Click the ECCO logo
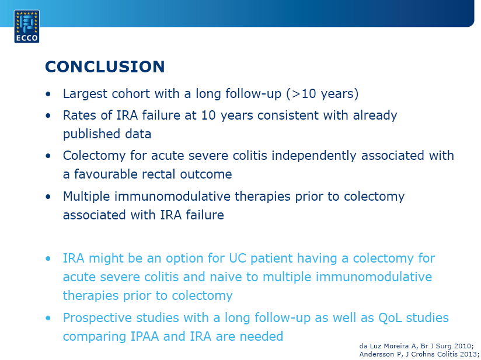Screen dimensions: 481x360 (27, 26)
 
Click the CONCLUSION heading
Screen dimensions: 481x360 (105, 67)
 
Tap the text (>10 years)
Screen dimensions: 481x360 (322, 94)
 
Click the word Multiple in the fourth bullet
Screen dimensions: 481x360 (86, 196)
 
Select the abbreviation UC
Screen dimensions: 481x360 (238, 258)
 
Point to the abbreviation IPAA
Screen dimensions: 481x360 (145, 337)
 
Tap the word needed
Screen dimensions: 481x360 (262, 337)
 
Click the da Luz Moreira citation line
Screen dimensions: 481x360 (417, 346)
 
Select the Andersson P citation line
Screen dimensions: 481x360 (419, 354)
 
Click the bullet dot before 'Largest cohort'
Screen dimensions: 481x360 (48, 94)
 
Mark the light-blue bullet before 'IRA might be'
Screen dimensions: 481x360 (48, 259)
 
